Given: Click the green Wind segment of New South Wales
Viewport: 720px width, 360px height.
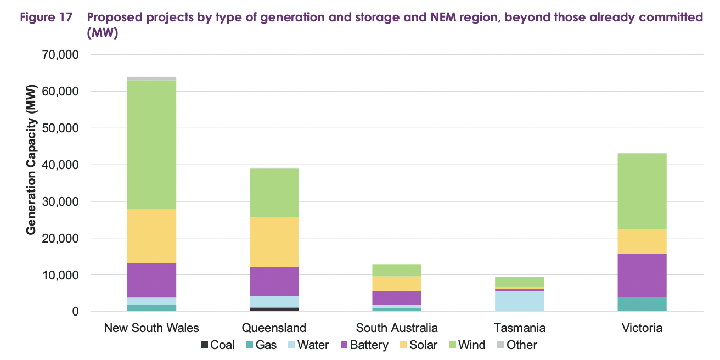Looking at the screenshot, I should tap(151, 144).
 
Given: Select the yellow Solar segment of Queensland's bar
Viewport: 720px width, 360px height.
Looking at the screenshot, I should tap(274, 241).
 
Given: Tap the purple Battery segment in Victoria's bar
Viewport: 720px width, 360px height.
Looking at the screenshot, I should tap(642, 275).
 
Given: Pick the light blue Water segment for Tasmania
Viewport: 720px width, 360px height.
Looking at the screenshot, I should tap(519, 301).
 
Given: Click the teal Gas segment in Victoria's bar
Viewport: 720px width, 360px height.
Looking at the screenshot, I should tap(642, 304).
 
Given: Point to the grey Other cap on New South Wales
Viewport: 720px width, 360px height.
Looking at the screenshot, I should tap(151, 78).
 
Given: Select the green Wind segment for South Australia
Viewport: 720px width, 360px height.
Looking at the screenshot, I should tap(397, 270).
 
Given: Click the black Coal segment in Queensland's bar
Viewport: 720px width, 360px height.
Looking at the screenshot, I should tap(274, 309).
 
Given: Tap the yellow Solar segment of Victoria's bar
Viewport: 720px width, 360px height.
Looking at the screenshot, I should tap(642, 241).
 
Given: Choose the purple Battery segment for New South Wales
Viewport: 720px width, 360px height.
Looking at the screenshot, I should tap(151, 280).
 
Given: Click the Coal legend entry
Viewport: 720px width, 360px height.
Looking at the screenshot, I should tap(218, 345).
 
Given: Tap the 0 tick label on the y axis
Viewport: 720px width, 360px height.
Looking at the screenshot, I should tap(75, 312).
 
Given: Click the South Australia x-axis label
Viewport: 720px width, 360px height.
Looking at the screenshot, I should tap(397, 328).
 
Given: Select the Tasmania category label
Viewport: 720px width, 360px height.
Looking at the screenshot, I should tap(519, 328).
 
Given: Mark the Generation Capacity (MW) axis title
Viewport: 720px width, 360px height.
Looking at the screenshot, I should tap(31, 159).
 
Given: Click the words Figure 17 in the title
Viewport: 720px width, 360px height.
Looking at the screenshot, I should tap(46, 18).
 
